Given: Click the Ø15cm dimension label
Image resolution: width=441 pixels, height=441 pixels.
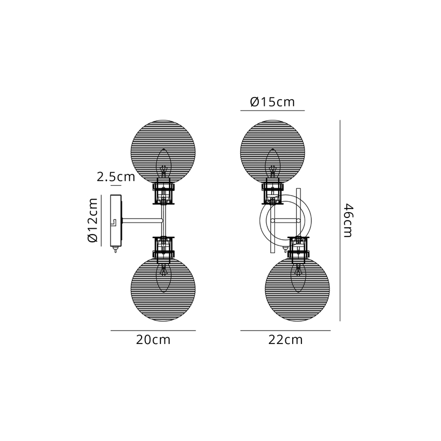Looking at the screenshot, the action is tap(272, 102).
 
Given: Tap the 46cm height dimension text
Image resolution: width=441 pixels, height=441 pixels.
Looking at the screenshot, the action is tap(348, 221).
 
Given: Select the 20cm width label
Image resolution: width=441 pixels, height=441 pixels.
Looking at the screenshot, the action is tap(153, 340).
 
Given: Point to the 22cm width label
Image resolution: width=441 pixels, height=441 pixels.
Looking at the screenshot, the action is tap(285, 340).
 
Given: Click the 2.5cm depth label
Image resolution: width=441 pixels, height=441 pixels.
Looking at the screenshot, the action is tap(116, 177).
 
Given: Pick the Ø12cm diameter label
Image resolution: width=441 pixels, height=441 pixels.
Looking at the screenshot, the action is tap(93, 220).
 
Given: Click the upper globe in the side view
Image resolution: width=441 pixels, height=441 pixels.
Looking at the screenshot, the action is tap(163, 152).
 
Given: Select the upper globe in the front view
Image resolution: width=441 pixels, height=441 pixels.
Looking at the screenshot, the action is tap(272, 152).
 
